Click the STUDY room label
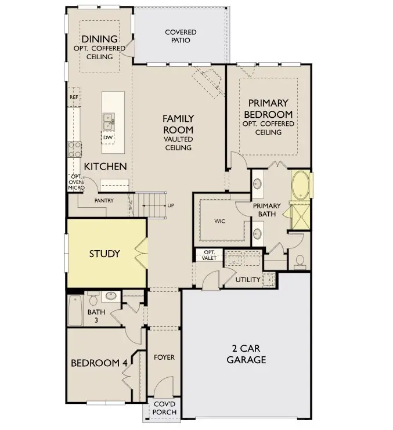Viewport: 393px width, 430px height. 104,254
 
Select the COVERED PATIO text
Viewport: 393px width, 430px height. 181,36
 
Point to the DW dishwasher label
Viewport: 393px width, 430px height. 107,138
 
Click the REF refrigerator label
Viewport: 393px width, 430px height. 74,97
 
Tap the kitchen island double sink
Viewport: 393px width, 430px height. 108,121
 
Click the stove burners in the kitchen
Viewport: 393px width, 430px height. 74,150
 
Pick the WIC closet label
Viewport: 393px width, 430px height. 219,221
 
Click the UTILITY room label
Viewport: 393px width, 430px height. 248,280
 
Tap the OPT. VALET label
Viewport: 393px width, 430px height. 210,255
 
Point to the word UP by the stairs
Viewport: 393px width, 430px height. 170,205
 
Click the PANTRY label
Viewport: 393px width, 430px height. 104,201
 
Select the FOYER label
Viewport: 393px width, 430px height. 164,357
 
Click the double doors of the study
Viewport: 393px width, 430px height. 140,253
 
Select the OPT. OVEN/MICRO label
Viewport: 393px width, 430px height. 76,182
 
